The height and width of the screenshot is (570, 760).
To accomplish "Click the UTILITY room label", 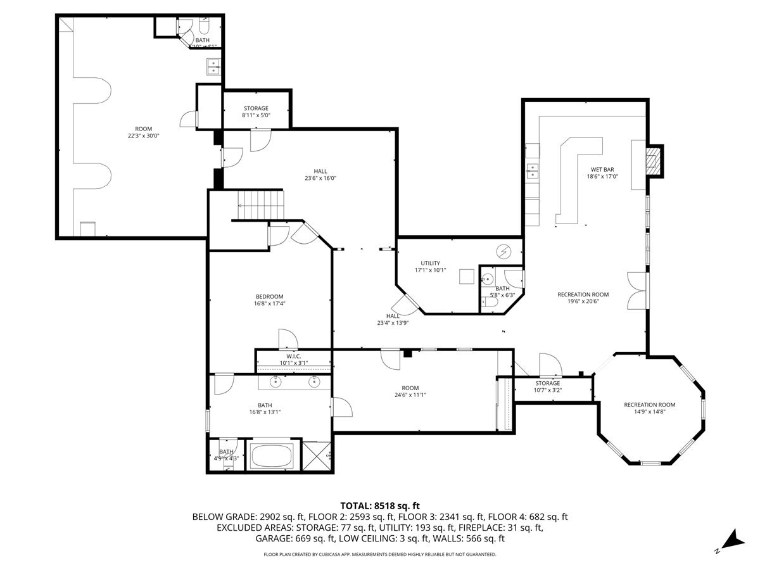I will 430,263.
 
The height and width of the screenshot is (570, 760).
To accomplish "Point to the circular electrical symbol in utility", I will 503,252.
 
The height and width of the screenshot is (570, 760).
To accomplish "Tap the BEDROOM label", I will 269,296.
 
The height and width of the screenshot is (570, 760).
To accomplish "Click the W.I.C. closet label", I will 293,357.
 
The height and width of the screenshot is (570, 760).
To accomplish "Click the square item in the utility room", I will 467,277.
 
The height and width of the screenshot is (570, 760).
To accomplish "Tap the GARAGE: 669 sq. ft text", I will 294,539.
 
